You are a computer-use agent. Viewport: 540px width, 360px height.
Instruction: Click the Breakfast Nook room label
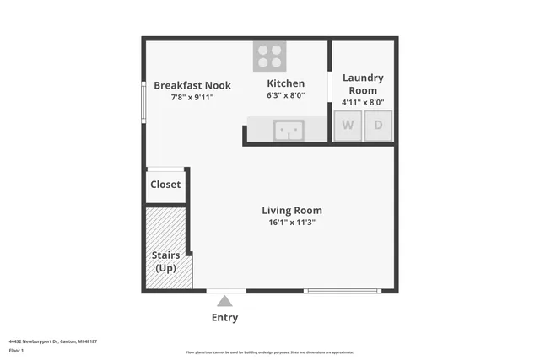pyautogui.click(x=192, y=85)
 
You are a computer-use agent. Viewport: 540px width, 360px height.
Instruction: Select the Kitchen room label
pyautogui.click(x=285, y=83)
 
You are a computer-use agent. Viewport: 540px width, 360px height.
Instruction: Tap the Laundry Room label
pyautogui.click(x=363, y=83)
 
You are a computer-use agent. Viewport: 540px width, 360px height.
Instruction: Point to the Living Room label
pyautogui.click(x=291, y=211)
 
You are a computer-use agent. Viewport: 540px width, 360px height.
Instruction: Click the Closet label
pyautogui.click(x=165, y=185)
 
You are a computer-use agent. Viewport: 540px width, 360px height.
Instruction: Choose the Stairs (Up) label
pyautogui.click(x=165, y=261)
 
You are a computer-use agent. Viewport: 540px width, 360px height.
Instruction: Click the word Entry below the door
pyautogui.click(x=224, y=318)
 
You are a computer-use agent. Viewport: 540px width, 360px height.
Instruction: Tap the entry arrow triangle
pyautogui.click(x=224, y=300)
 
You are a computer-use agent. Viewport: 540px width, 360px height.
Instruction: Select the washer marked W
pyautogui.click(x=347, y=126)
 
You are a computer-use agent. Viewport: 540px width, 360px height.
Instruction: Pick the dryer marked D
pyautogui.click(x=378, y=126)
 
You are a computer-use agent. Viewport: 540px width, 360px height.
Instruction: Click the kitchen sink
pyautogui.click(x=289, y=130)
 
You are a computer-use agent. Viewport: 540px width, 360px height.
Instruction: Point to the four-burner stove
pyautogui.click(x=270, y=56)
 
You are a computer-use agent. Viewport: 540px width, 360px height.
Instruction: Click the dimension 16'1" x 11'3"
pyautogui.click(x=291, y=223)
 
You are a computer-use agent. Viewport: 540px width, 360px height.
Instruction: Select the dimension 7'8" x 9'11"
pyautogui.click(x=192, y=97)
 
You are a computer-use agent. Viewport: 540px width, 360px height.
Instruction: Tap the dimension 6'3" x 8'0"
pyautogui.click(x=285, y=95)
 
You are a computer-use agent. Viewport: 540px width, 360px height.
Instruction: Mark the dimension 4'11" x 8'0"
pyautogui.click(x=363, y=102)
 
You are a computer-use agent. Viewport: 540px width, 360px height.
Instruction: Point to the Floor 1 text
pyautogui.click(x=16, y=350)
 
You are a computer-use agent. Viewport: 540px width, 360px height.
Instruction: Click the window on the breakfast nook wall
pyautogui.click(x=143, y=101)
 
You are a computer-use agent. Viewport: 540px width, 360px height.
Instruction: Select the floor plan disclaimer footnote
pyautogui.click(x=269, y=352)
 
